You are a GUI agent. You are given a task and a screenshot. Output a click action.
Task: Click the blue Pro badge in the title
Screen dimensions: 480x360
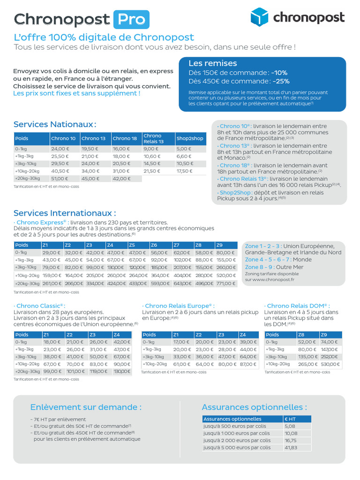coord(131,19)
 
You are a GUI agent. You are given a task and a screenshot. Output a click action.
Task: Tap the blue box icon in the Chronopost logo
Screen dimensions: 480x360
coord(260,17)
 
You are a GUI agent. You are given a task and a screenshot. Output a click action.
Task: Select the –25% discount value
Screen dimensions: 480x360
coord(278,81)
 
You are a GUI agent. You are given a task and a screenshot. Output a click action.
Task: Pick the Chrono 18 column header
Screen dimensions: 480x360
coord(125,138)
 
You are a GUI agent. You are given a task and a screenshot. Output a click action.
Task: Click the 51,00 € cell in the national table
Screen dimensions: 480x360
coord(60,179)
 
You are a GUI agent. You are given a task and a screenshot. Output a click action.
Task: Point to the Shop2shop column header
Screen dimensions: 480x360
coord(190,138)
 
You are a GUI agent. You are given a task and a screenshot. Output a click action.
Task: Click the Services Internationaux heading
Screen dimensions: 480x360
coord(65,213)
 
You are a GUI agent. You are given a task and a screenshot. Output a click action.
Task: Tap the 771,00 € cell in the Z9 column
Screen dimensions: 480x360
coord(225,284)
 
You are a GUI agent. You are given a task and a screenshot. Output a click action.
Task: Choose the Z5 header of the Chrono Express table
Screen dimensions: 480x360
coord(132,245)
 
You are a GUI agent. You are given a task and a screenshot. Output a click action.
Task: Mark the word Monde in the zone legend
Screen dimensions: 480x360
coord(302,259)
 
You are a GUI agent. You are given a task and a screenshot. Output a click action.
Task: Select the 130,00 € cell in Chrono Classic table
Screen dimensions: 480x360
coord(122,372)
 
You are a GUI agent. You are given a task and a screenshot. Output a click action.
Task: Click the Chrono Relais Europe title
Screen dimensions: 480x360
coord(178,306)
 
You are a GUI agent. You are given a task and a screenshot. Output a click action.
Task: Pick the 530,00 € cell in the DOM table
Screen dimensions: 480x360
coord(330,364)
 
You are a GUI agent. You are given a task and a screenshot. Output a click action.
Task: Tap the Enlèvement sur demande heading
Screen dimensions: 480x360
coord(86,407)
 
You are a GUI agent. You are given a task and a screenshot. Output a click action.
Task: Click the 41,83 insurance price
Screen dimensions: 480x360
coord(291,448)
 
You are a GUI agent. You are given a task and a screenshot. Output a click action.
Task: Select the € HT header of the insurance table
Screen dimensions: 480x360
coord(291,419)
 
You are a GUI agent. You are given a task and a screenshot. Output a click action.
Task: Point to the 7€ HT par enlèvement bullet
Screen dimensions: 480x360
coord(59,420)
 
